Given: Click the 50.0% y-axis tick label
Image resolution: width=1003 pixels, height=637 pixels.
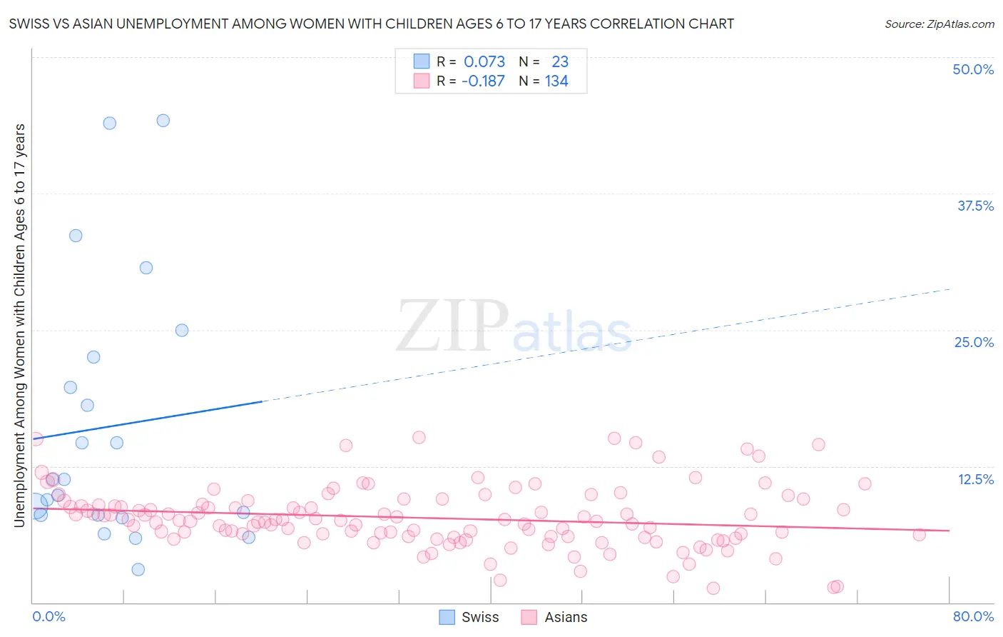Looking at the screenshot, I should (x=973, y=69).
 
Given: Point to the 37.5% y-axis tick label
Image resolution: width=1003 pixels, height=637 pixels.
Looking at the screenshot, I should (x=975, y=206).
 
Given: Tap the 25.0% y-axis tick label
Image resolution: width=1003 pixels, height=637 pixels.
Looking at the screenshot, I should (x=974, y=342).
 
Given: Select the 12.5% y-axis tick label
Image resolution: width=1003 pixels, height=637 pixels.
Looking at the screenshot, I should (x=975, y=479).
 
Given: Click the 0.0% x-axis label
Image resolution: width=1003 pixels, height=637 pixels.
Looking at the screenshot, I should (x=49, y=616).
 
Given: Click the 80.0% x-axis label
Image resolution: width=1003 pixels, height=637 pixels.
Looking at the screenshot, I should (x=973, y=616).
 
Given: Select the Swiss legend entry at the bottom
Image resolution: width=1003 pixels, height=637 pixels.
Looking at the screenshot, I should (x=469, y=617).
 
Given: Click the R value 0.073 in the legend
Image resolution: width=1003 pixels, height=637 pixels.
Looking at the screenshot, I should (x=484, y=62).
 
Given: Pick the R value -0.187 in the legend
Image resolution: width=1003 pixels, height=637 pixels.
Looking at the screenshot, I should (x=483, y=81).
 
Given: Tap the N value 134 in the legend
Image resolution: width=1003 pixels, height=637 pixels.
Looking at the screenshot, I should (x=556, y=81).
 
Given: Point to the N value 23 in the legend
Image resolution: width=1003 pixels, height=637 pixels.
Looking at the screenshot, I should (x=560, y=62).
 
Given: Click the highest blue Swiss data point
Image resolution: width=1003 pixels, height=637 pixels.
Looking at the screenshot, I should (x=163, y=121).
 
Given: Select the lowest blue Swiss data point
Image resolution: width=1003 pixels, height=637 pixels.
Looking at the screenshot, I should (x=138, y=569).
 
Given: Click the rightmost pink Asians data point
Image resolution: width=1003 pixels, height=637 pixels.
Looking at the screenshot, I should (x=919, y=535).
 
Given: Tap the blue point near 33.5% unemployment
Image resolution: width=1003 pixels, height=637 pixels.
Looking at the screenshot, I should (x=76, y=236).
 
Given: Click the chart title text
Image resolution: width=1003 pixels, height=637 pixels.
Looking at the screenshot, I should (x=371, y=24).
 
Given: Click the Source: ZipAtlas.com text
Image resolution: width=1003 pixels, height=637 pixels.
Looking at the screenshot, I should (x=939, y=24).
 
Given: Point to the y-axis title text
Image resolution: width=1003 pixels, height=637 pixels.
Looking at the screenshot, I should (x=19, y=325).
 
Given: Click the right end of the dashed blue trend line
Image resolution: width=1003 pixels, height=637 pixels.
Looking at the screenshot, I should (x=949, y=289).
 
